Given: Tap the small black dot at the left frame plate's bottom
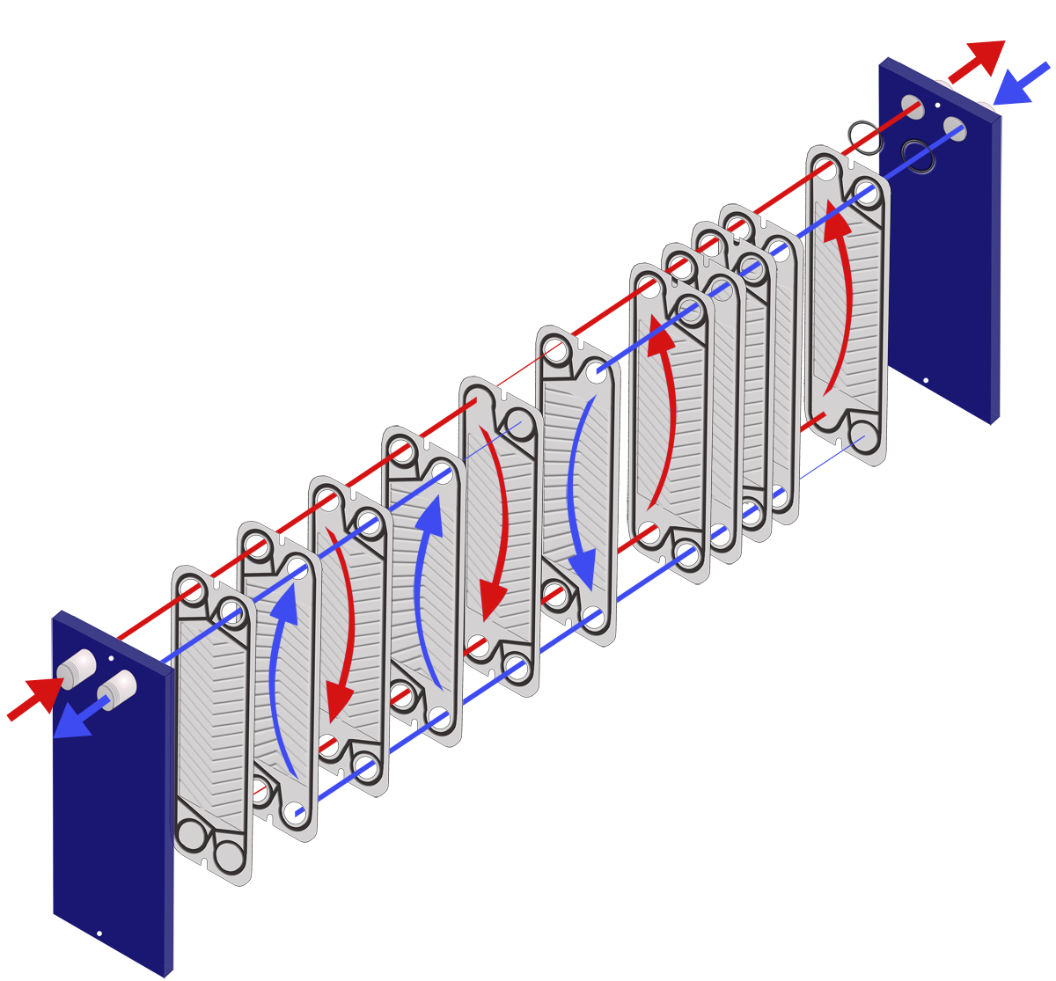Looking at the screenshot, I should pyautogui.click(x=99, y=933).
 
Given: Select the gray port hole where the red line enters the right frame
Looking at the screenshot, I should pyautogui.click(x=913, y=106).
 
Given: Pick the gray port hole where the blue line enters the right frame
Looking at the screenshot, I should pyautogui.click(x=954, y=128).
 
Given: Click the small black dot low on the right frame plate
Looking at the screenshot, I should pyautogui.click(x=924, y=381).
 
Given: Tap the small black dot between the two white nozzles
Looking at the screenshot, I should pyautogui.click(x=111, y=657).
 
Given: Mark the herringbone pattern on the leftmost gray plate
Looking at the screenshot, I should pyautogui.click(x=211, y=721).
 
